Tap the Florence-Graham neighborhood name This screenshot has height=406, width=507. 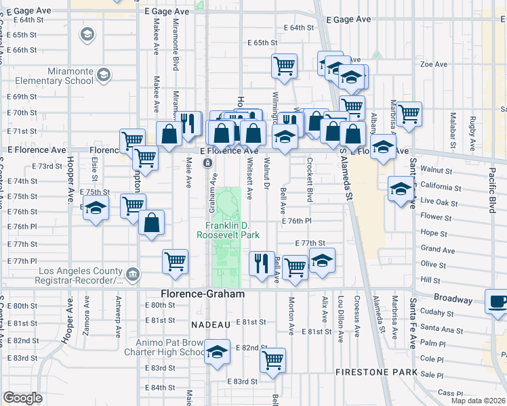[202, 294]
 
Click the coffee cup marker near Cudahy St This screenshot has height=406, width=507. [498, 302]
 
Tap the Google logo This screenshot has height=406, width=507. [23, 398]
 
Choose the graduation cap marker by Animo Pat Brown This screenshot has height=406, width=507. [217, 353]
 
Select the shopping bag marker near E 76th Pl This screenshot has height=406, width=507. [152, 222]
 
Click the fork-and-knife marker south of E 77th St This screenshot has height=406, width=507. [262, 263]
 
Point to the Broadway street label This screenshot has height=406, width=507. [453, 298]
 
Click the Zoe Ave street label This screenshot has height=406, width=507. [434, 64]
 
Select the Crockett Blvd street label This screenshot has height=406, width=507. [310, 180]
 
